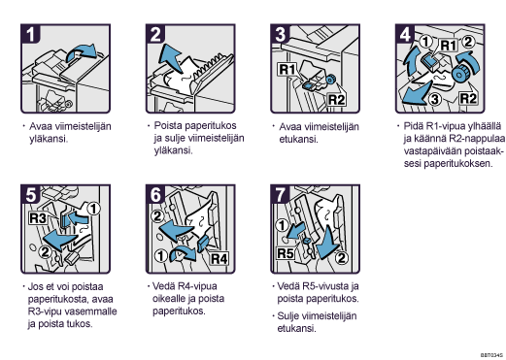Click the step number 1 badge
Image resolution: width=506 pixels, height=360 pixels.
click(x=30, y=34)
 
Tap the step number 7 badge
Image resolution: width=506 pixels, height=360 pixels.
click(x=281, y=194)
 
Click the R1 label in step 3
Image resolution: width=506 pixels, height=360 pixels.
click(x=287, y=69)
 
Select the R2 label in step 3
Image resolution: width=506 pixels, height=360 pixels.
click(x=336, y=100)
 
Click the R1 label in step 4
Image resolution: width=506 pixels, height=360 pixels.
click(x=448, y=46)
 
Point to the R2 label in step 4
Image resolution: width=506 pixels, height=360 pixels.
click(x=468, y=98)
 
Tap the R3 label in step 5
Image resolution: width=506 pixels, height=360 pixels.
click(x=38, y=218)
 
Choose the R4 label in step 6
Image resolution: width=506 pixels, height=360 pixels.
click(x=219, y=258)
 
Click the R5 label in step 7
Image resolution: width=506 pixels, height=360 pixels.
click(x=286, y=253)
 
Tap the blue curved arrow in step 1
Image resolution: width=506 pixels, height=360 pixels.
click(x=81, y=52)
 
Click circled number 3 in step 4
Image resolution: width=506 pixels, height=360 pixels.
click(x=435, y=99)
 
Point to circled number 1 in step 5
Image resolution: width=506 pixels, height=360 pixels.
click(x=93, y=209)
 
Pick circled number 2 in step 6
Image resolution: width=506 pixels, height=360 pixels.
click(x=157, y=215)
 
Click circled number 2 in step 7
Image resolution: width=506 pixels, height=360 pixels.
click(x=341, y=258)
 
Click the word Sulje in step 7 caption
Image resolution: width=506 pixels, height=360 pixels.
click(x=288, y=316)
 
